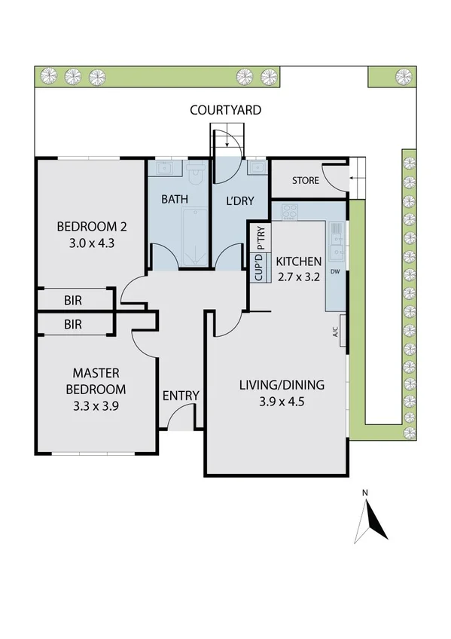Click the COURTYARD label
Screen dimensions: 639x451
tap(225, 110)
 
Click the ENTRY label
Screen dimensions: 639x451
tap(181, 396)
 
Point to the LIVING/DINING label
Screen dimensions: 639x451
tap(282, 385)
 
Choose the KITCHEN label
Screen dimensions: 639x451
tap(299, 261)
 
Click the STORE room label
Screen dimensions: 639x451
tap(305, 181)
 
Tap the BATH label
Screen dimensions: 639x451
tap(174, 200)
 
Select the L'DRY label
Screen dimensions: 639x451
tap(239, 200)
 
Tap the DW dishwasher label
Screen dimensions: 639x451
tap(335, 272)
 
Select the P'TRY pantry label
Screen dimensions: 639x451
tap(260, 237)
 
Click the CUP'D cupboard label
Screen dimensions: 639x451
tap(260, 268)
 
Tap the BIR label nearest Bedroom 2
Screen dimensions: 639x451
tap(73, 300)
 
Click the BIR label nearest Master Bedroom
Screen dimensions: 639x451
tap(73, 325)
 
